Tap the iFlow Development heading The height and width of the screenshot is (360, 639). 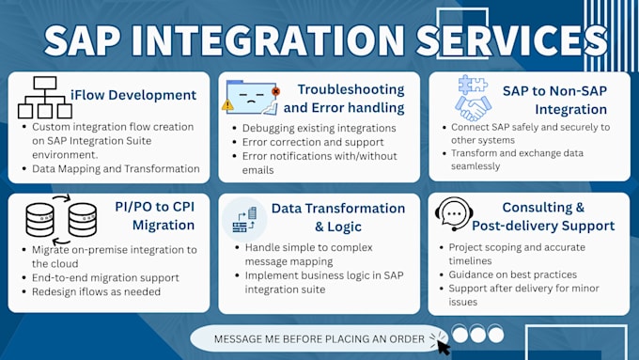click(133, 95)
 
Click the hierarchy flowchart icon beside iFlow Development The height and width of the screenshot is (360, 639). click(45, 98)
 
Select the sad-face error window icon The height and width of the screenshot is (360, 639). click(253, 98)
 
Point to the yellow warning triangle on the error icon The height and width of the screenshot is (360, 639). click(227, 105)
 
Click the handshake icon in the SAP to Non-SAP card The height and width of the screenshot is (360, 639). click(473, 108)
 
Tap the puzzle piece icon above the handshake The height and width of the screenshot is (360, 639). click(473, 85)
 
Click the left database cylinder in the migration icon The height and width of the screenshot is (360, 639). click(39, 220)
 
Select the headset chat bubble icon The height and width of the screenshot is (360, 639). click(454, 214)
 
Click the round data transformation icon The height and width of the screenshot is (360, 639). click(244, 220)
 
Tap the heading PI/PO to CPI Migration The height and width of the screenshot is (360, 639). click(155, 215)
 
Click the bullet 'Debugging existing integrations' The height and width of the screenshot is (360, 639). click(319, 128)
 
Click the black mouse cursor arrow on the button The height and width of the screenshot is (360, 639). click(444, 348)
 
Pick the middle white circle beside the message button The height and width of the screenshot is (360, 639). click(478, 334)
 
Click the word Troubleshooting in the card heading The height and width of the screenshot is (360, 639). click(351, 89)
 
